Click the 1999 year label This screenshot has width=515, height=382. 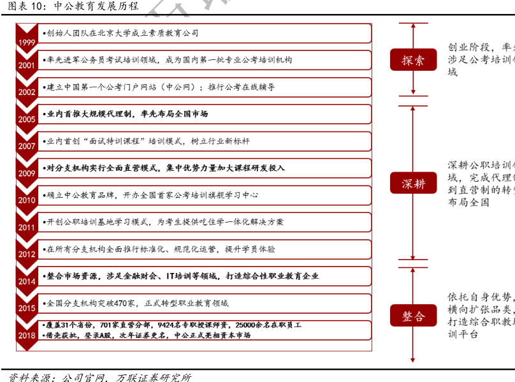[27, 43]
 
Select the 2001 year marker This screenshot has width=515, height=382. [27, 65]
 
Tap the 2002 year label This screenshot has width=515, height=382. [27, 92]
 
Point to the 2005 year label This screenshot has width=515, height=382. [27, 119]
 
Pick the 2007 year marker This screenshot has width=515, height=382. [27, 146]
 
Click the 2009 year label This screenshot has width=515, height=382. [27, 173]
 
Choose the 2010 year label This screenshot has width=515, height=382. [27, 200]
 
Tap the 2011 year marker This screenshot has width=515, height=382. [27, 228]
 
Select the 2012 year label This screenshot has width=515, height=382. [27, 254]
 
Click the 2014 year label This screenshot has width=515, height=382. [27, 281]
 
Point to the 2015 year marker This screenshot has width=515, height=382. [27, 309]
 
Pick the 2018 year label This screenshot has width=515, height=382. [27, 335]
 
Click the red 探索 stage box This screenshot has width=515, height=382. [413, 60]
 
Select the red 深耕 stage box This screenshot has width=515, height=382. [413, 184]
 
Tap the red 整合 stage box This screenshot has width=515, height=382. [413, 316]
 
